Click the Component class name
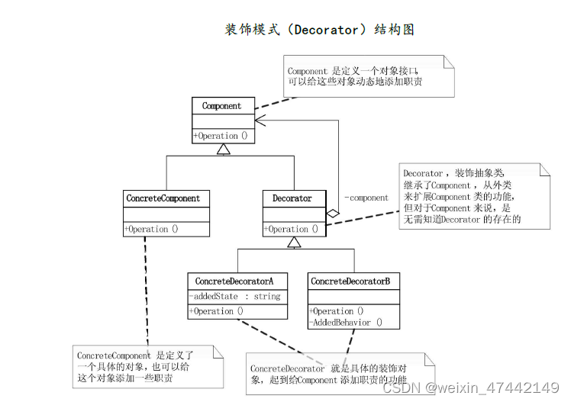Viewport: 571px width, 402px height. pos(221,106)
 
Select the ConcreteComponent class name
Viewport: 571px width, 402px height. pos(163,198)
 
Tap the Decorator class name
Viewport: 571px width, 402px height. pos(292,198)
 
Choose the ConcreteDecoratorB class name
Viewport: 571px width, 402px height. pos(350,281)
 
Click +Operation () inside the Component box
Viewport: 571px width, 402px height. pos(221,136)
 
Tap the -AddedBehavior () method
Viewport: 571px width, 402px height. pos(346,322)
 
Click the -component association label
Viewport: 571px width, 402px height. pos(366,198)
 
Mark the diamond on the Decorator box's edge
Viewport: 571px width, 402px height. pos(332,214)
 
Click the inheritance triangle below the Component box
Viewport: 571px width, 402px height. pos(223,149)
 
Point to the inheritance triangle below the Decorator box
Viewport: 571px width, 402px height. pos(294,242)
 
